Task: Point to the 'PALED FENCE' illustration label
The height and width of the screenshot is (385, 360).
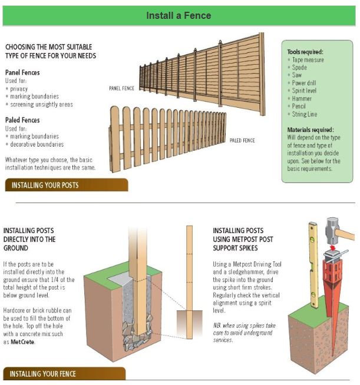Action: click(242, 140)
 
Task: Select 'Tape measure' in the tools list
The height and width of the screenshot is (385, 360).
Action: click(309, 59)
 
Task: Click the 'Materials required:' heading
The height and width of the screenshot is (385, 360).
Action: click(311, 129)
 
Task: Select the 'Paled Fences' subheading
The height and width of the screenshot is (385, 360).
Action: click(23, 120)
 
